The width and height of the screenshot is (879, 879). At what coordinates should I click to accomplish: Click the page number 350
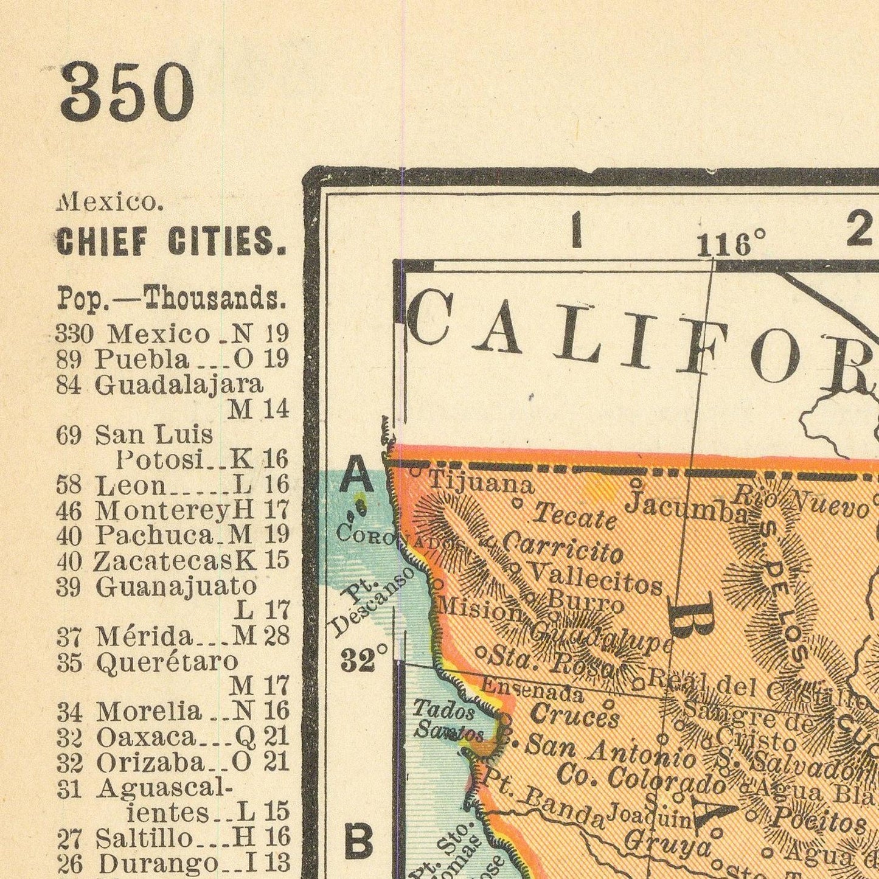[127, 93]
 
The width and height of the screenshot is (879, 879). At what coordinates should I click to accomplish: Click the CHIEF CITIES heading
[171, 242]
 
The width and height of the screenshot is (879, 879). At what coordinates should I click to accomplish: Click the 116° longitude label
[731, 245]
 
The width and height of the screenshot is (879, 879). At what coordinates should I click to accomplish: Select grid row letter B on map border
[358, 843]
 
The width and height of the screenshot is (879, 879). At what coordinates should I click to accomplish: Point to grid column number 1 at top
[575, 233]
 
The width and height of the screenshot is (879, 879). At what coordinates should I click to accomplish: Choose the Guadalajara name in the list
[179, 384]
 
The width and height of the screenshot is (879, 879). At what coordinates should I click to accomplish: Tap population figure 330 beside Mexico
[74, 334]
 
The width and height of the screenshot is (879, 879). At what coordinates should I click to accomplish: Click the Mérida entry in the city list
[144, 636]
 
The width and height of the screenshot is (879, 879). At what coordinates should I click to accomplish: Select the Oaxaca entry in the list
[146, 737]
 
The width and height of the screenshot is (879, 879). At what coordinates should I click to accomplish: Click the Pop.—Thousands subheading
[171, 299]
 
